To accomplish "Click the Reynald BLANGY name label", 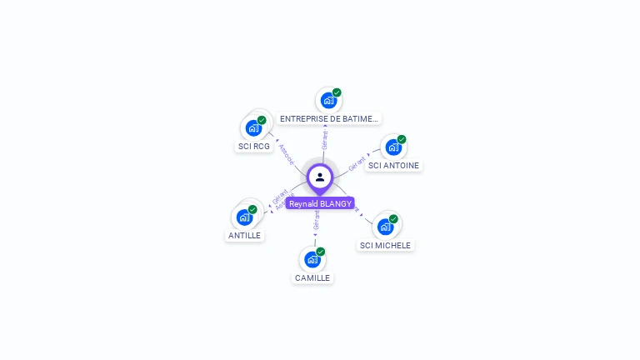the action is pos(320,203).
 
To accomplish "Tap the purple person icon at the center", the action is pos(320,177).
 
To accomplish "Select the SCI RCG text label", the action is pos(254,147).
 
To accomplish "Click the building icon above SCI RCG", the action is pos(253,128).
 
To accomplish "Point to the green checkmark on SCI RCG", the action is pos(262,120).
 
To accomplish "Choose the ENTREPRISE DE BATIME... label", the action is pos(329,119).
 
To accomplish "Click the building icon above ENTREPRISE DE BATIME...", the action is pos(328,100).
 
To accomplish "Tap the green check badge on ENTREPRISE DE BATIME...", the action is pos(337,92).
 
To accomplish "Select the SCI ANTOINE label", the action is pos(393,165).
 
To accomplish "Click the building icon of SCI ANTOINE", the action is pos(393,147).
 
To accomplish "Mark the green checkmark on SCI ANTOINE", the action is pos(402,139).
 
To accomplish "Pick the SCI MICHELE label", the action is pos(385,245).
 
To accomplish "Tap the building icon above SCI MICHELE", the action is pos(385,226).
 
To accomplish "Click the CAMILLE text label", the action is pos(312,277).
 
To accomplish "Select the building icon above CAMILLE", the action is pos(312,259).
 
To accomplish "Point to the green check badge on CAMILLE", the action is pos(321,252).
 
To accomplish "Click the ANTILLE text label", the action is pos(244,235).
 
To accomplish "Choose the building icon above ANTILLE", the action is pos(244,217).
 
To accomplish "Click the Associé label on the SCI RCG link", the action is pos(286,153).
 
